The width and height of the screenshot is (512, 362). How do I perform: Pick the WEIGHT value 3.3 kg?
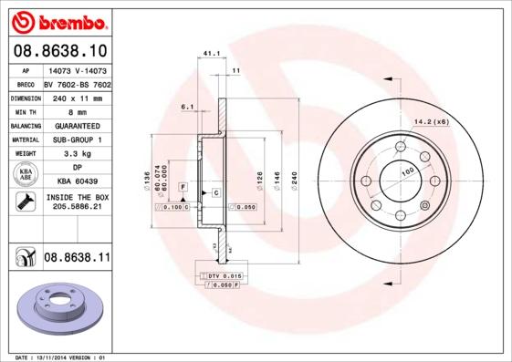(x=77, y=154)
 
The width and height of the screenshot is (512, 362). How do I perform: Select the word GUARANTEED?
(x=77, y=125)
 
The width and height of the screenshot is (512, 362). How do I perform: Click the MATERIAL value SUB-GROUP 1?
(x=77, y=140)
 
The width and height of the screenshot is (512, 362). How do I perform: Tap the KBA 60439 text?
(x=77, y=181)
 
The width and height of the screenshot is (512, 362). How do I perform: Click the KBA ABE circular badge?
(x=26, y=175)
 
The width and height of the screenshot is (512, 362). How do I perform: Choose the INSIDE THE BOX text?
(x=77, y=197)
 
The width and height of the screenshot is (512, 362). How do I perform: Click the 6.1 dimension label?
(x=187, y=108)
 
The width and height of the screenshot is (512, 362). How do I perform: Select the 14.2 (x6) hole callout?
(x=432, y=121)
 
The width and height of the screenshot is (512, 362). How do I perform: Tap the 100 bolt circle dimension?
(x=406, y=171)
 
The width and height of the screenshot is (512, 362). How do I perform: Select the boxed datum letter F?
(x=183, y=186)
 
